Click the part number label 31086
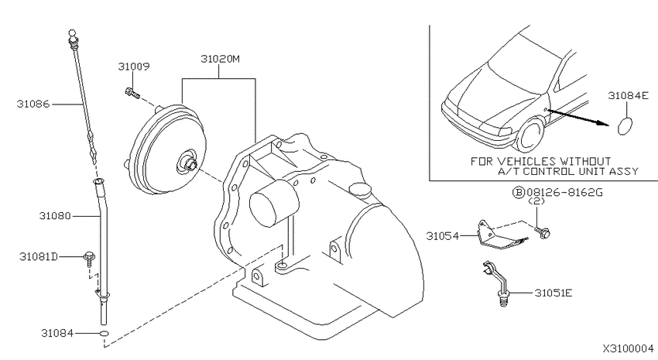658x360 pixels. tap(33, 104)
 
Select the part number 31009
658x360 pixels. tap(133, 67)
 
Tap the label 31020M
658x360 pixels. tap(220, 59)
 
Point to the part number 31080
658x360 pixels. tap(55, 216)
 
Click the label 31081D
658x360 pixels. tap(39, 256)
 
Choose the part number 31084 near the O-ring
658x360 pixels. tap(57, 333)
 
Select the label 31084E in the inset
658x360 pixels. tap(629, 96)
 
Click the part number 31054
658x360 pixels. tap(443, 236)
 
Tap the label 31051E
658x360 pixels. tap(553, 293)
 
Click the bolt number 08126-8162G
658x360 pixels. tap(564, 193)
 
